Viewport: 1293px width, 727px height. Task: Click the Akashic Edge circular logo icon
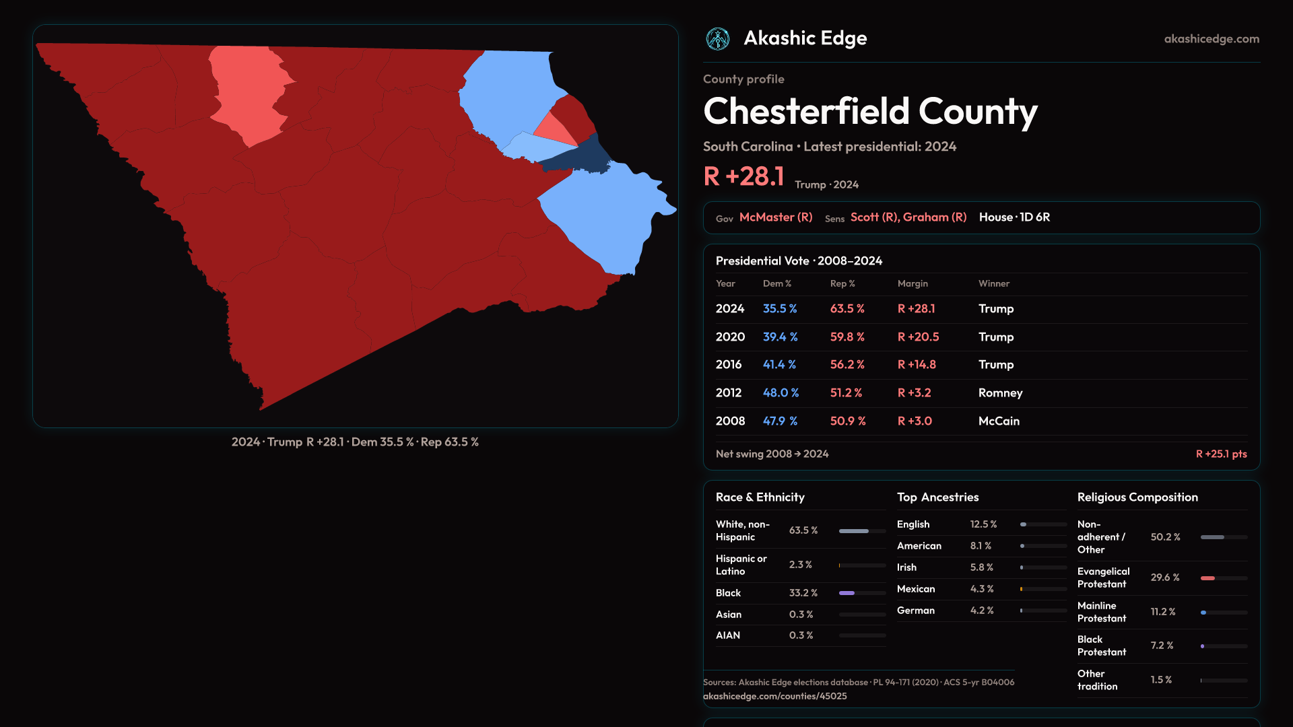(718, 39)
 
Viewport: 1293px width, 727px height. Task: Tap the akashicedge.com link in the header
(1212, 39)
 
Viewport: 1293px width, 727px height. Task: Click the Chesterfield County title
(870, 111)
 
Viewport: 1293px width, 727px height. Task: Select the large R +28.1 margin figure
(743, 176)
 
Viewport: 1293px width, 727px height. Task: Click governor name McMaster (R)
(776, 217)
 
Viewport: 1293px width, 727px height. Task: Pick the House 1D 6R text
(1014, 217)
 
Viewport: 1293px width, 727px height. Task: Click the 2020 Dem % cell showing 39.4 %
(780, 337)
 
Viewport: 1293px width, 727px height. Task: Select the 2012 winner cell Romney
(1000, 393)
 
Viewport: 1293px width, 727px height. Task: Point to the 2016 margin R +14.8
(917, 365)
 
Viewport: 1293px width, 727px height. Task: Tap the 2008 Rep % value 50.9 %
(848, 421)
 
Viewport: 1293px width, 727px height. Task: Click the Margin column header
(913, 283)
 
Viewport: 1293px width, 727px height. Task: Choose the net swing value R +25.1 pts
(1221, 454)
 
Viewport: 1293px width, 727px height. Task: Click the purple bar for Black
(847, 593)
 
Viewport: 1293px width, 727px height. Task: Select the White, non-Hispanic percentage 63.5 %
(803, 530)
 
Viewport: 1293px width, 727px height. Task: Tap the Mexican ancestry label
(916, 589)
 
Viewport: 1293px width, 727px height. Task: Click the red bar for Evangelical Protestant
(1207, 578)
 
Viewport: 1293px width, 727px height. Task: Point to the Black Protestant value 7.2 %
(1162, 646)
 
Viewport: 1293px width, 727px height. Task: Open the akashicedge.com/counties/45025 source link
(774, 696)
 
